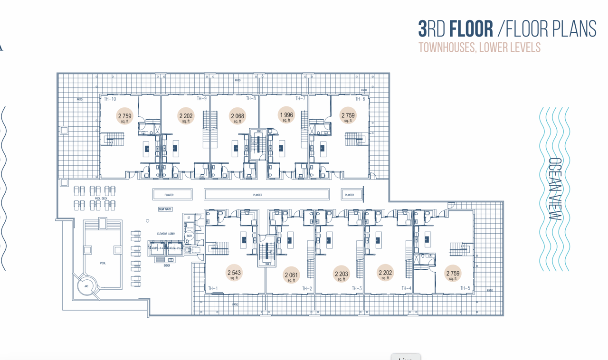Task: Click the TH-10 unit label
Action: click(110, 99)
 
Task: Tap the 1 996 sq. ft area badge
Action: click(286, 115)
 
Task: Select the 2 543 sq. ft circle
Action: click(234, 274)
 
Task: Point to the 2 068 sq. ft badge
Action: click(237, 116)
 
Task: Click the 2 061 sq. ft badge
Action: click(291, 276)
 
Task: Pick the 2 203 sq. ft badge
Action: click(341, 275)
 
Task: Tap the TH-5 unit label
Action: click(465, 288)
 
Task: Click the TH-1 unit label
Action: click(213, 289)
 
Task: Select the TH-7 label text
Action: click(300, 99)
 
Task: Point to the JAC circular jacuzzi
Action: click(86, 286)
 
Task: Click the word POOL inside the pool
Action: click(103, 263)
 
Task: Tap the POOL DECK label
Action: click(101, 199)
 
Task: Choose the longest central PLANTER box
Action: click(266, 195)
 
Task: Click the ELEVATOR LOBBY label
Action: click(166, 234)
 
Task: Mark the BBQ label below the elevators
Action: click(167, 265)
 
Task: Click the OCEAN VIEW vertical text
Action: click(554, 189)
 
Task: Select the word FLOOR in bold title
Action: click(471, 29)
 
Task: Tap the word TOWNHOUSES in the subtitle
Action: click(447, 48)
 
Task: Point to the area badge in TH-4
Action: click(385, 273)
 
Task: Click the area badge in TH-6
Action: click(348, 116)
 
